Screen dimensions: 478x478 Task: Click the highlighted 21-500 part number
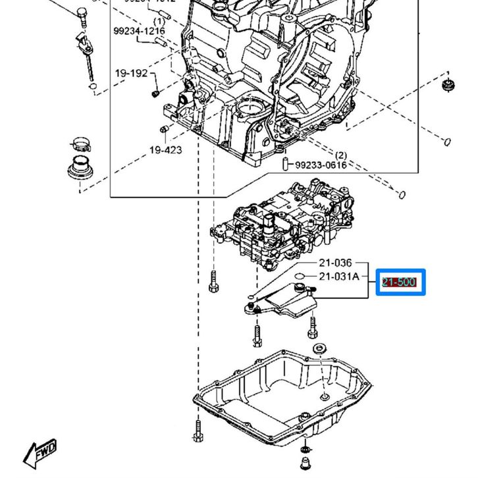pos(400,283)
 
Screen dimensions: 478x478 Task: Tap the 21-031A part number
pos(339,277)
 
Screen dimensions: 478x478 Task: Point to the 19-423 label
pos(165,150)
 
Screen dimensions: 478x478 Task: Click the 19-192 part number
pos(131,74)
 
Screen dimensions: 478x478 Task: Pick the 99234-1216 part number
pos(139,31)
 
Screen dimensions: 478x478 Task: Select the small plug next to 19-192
pos(155,92)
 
